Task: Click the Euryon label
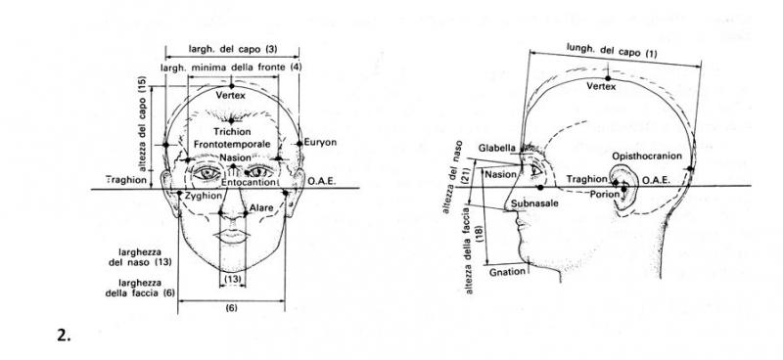[320, 142]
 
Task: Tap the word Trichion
[231, 132]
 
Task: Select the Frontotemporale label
[232, 145]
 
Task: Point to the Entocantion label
[249, 183]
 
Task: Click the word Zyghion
[204, 197]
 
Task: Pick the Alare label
[261, 207]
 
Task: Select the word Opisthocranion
[647, 157]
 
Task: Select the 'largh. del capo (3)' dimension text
[232, 49]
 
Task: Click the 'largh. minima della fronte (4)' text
[231, 67]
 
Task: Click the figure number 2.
[64, 336]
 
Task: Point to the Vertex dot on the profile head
[608, 78]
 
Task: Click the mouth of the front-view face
[231, 236]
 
